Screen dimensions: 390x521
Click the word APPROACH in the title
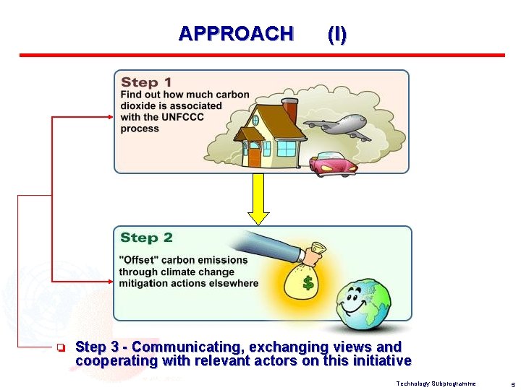click(x=236, y=34)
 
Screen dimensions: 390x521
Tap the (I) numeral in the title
click(x=336, y=34)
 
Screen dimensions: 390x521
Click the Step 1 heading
click(x=146, y=82)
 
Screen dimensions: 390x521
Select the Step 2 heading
click(x=146, y=238)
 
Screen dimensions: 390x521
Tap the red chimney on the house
click(x=289, y=110)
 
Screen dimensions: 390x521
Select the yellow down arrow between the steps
click(x=258, y=199)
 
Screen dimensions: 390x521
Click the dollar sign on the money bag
click(x=308, y=283)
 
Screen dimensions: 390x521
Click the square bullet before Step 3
click(x=62, y=348)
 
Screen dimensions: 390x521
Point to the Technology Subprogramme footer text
click(x=436, y=383)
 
